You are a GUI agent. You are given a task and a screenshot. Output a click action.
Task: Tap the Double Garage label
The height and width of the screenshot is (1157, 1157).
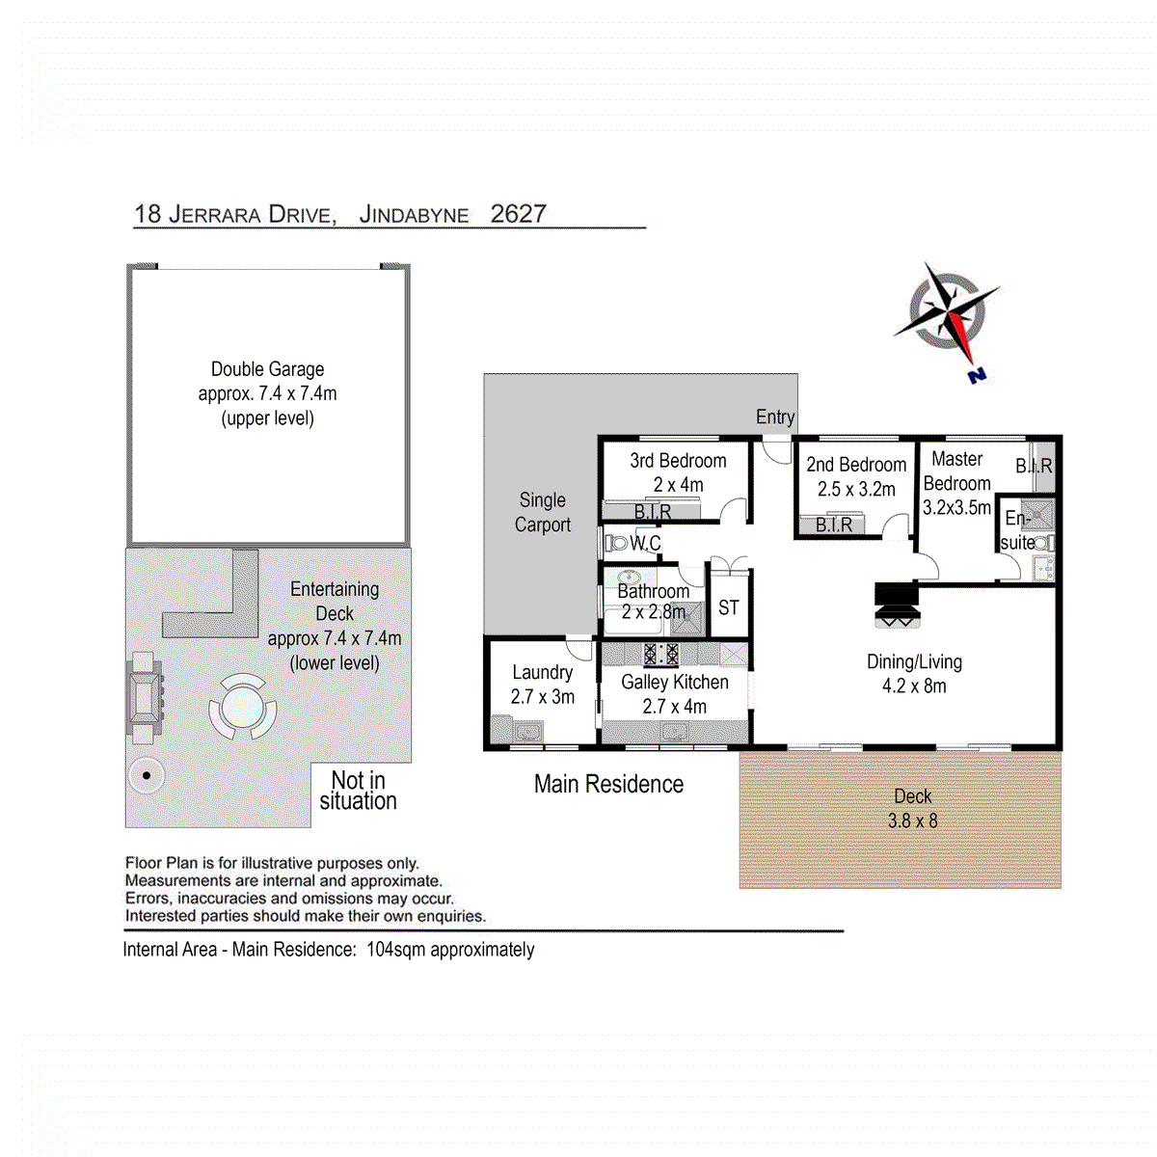(267, 369)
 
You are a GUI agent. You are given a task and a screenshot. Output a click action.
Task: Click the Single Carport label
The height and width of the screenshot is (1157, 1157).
(542, 512)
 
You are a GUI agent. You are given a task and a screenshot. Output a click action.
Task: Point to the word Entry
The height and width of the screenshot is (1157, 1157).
(775, 417)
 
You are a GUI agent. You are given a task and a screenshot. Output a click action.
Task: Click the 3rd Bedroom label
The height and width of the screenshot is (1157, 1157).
(678, 461)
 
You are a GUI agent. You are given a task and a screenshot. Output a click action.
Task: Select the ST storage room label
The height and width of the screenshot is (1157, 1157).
(728, 607)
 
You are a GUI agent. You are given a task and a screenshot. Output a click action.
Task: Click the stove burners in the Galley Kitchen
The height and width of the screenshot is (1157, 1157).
(660, 654)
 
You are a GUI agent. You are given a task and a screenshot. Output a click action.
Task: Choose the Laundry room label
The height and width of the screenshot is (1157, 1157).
(542, 672)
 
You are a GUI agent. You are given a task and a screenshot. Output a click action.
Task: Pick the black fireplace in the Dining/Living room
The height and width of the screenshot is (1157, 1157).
(897, 605)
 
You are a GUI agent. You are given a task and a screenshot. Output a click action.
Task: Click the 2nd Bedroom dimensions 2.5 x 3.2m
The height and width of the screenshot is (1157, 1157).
(856, 489)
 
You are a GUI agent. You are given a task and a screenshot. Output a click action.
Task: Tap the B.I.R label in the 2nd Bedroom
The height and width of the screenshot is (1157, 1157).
(834, 525)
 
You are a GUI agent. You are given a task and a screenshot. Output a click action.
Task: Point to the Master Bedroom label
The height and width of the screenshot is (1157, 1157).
(956, 471)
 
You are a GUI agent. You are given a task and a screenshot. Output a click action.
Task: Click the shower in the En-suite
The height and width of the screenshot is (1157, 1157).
(1038, 513)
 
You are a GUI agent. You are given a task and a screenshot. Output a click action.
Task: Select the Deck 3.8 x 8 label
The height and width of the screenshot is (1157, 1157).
(912, 808)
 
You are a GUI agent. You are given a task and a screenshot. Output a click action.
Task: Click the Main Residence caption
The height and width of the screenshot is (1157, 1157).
(608, 784)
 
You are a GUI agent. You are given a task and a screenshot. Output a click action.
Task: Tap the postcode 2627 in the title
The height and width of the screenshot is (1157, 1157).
(518, 213)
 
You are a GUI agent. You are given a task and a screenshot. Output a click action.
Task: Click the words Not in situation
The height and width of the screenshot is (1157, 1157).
(358, 791)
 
